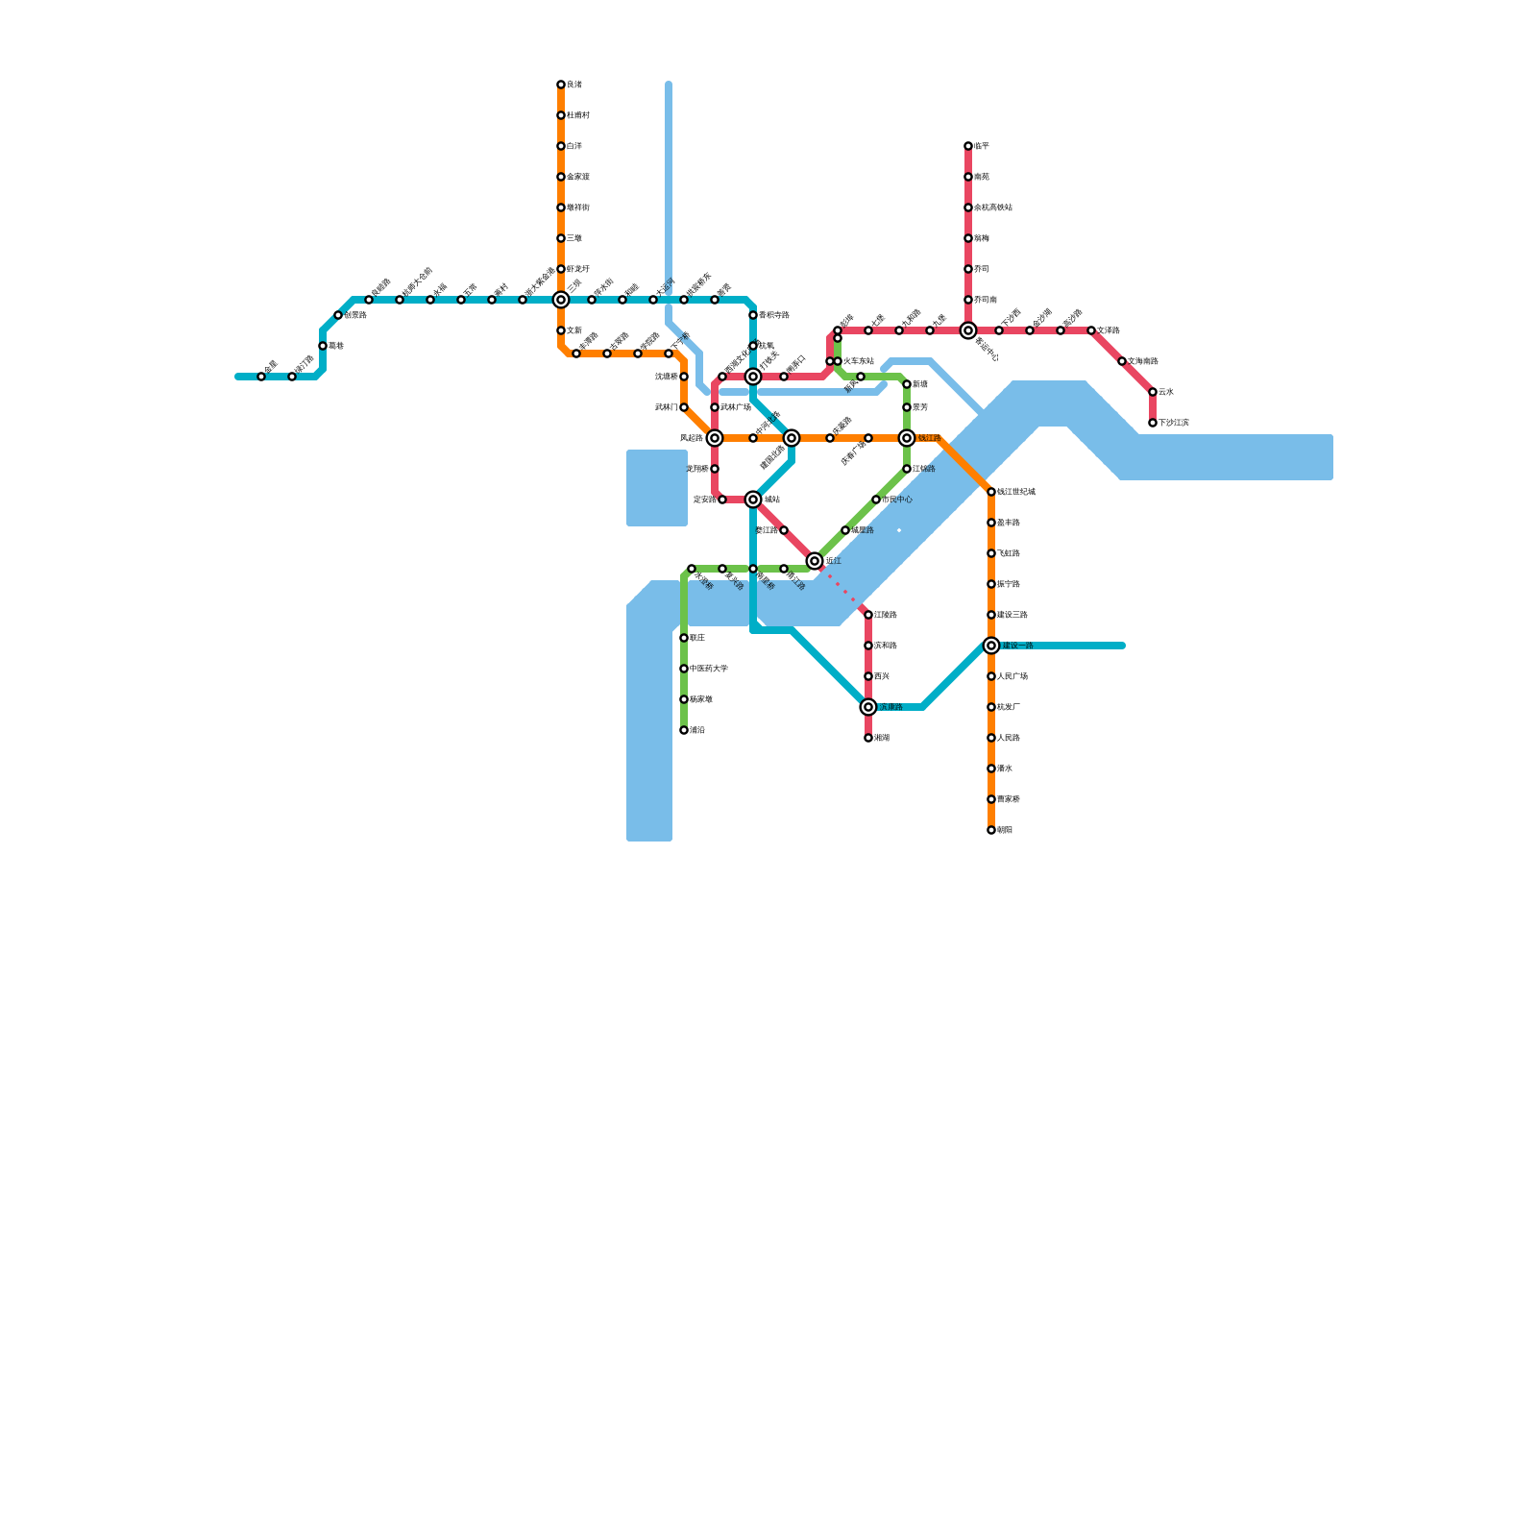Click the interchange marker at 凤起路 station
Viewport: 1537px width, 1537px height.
(x=715, y=438)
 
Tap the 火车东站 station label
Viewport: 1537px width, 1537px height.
(x=858, y=361)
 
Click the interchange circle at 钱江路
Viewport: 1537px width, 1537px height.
(x=907, y=438)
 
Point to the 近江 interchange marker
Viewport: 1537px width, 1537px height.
(x=815, y=561)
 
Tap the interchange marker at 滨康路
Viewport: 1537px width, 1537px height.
(x=868, y=707)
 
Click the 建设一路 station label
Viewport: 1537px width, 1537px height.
(x=1017, y=646)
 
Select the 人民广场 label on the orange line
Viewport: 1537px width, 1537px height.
(x=1012, y=676)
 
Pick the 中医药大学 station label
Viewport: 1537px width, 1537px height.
(x=709, y=669)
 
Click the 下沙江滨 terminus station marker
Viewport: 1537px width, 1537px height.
(x=1153, y=423)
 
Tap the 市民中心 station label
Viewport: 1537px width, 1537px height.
(x=897, y=500)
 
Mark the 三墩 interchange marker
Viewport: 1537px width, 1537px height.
(x=561, y=300)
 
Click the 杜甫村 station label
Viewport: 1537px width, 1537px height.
(x=578, y=115)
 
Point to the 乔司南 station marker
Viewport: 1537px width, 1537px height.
(x=968, y=300)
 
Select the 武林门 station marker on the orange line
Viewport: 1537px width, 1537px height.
(x=684, y=407)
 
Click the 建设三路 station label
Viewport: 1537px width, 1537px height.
(x=1012, y=615)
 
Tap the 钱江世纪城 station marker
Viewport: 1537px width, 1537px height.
(x=991, y=492)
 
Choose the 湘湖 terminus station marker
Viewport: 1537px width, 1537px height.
(x=868, y=738)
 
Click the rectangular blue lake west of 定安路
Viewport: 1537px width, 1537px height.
(x=657, y=488)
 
